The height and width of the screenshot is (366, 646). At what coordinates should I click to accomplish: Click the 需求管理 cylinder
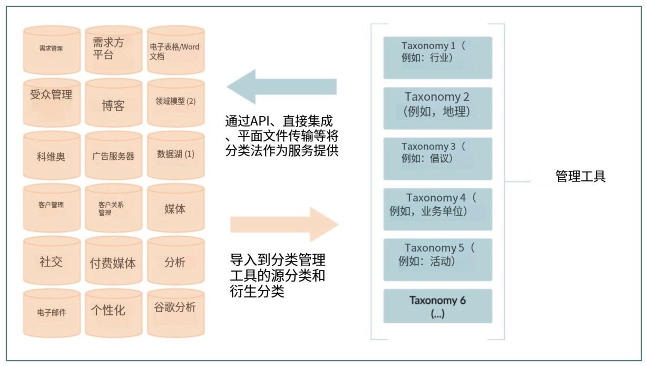click(x=52, y=50)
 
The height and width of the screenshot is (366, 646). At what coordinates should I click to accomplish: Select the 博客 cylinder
click(x=114, y=103)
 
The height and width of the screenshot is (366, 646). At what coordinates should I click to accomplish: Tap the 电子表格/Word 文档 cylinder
click(x=176, y=50)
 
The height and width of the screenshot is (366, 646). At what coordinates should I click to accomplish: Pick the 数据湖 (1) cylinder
click(x=176, y=155)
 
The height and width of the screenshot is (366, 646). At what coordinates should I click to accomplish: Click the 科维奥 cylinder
click(x=52, y=155)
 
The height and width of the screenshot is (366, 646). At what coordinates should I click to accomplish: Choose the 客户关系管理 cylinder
click(x=114, y=208)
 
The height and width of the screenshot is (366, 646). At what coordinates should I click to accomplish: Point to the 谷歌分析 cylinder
click(x=176, y=313)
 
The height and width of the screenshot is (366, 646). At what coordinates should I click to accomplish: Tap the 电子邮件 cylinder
click(x=52, y=313)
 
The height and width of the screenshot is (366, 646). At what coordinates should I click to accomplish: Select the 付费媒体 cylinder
click(x=114, y=261)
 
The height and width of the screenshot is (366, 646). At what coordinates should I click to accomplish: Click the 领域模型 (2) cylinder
click(x=176, y=103)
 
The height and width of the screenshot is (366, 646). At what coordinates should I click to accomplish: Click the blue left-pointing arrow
click(x=282, y=86)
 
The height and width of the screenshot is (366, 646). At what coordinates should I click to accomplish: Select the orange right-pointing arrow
click(x=285, y=224)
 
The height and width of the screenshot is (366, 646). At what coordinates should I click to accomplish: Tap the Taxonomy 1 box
click(x=438, y=57)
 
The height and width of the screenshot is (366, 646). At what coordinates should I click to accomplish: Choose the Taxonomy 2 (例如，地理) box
click(x=438, y=108)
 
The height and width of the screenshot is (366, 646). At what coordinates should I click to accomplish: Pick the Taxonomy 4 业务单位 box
click(x=438, y=209)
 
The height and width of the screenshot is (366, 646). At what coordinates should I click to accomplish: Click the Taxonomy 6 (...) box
click(x=438, y=306)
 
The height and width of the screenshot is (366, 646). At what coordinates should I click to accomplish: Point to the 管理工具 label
click(x=580, y=176)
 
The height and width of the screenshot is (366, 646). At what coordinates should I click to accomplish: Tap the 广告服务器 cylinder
click(x=114, y=155)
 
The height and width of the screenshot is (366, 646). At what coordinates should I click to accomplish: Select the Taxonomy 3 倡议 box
click(x=438, y=159)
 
